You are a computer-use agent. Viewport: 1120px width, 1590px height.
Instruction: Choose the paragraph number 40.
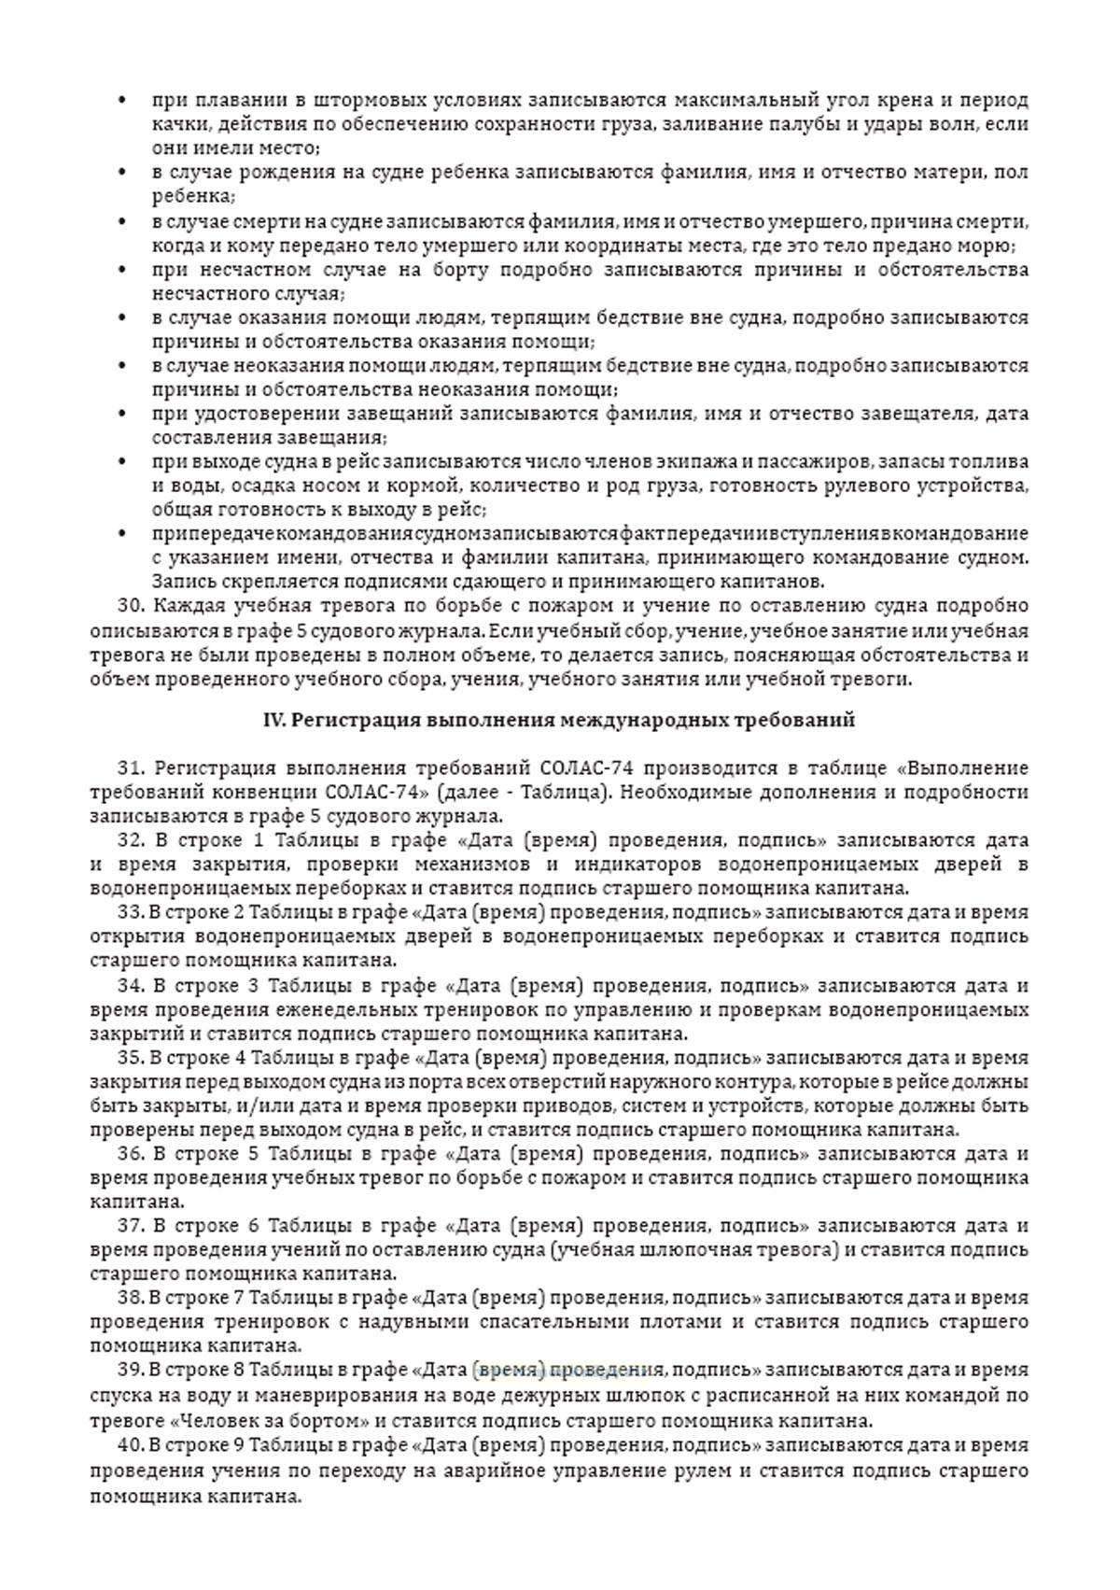[x=131, y=1445]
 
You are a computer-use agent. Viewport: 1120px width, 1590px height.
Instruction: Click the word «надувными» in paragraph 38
[x=421, y=1322]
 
